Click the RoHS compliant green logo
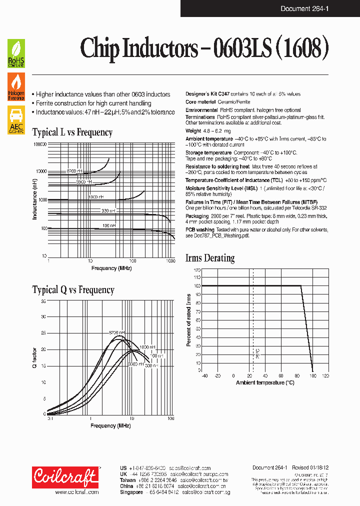pos(16,53)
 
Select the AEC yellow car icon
pos(16,120)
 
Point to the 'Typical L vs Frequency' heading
pos(72,132)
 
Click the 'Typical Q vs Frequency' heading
pos(73,290)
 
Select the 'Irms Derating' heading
pos(210,258)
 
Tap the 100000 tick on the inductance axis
pos(39,144)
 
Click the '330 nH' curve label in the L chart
pos(108,211)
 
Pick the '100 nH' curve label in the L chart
pos(109,226)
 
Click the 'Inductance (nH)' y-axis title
pos(34,200)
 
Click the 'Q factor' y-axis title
pos(34,357)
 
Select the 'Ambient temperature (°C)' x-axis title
pos(265,382)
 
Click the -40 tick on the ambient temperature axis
pos(203,375)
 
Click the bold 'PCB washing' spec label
pos(200,230)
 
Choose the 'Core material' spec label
pos(201,102)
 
